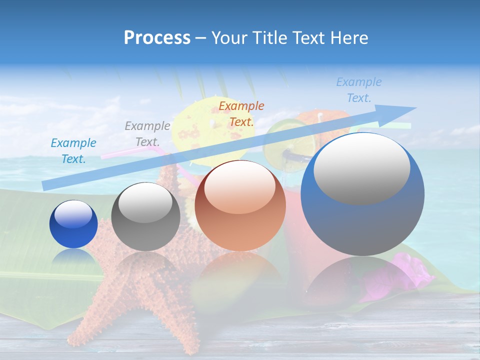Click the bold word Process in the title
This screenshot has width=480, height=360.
pyautogui.click(x=157, y=37)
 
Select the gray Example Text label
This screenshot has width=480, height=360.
pyautogui.click(x=147, y=134)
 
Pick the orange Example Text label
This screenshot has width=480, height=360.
pyautogui.click(x=241, y=113)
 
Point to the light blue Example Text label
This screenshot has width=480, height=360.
pyautogui.click(x=358, y=90)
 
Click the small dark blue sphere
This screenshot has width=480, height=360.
pyautogui.click(x=73, y=224)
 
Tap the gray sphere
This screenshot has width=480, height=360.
pyautogui.click(x=145, y=216)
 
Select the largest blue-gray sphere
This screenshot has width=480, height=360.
pyautogui.click(x=362, y=194)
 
